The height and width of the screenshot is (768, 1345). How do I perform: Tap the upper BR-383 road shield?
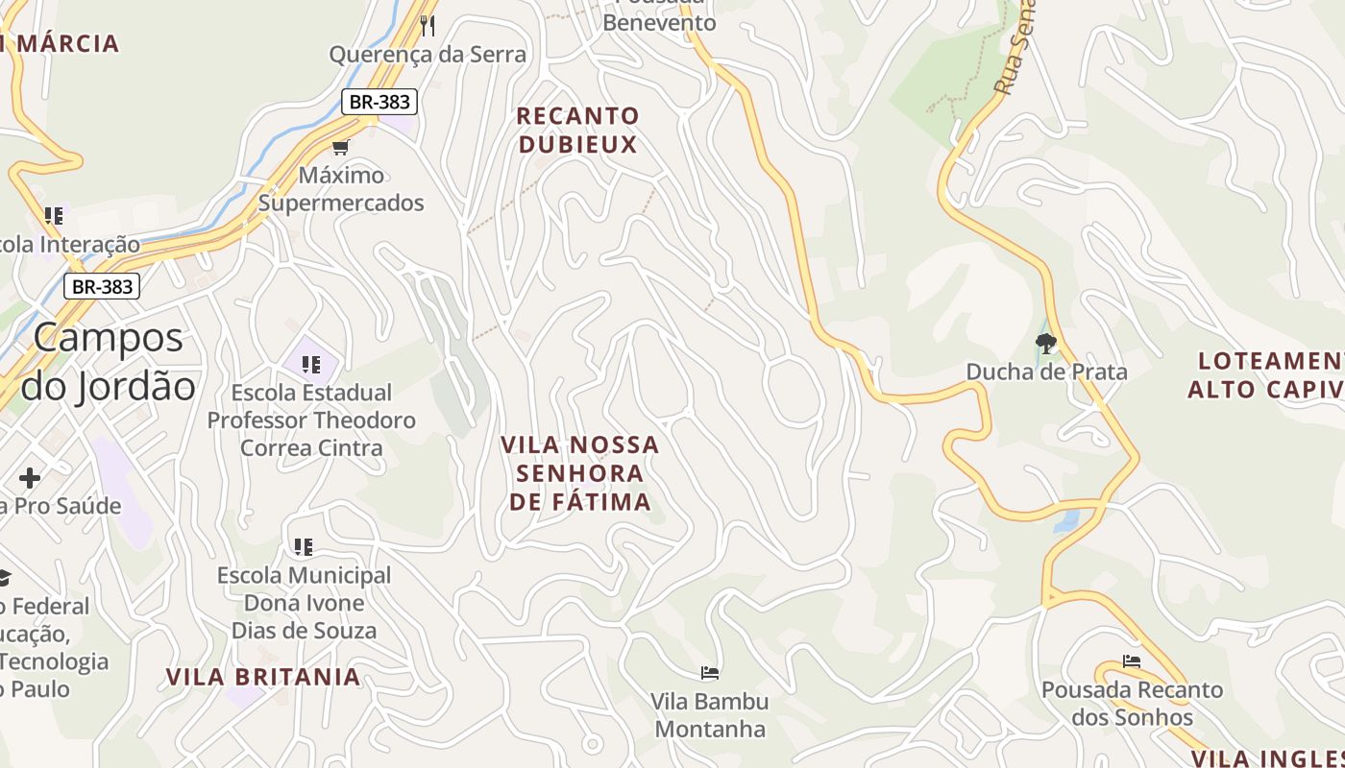[379, 102]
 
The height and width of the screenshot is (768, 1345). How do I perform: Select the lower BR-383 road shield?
[102, 286]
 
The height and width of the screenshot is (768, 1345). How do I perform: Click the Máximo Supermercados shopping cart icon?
[340, 147]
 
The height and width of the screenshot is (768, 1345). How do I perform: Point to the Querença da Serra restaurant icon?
[428, 25]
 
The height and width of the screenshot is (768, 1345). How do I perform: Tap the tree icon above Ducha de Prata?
[1046, 343]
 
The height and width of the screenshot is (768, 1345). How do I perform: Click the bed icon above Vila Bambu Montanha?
[710, 673]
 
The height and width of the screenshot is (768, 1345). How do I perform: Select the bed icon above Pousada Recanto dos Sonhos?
[1132, 661]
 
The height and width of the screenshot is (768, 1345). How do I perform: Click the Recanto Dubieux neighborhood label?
[577, 131]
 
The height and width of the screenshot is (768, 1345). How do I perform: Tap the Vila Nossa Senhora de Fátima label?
[579, 473]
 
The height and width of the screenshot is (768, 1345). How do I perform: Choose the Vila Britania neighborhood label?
[263, 677]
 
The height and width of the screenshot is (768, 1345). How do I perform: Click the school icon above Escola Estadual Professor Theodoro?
[310, 365]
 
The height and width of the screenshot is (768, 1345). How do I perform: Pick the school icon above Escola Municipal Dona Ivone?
[304, 547]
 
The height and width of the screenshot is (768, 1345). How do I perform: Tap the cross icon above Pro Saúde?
[30, 477]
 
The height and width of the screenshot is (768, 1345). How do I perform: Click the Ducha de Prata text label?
[1046, 372]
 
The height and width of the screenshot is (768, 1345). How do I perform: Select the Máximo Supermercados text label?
[341, 189]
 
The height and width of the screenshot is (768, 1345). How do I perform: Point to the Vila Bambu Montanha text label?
[710, 715]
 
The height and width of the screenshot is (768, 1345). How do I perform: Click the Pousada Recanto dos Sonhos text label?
[1132, 704]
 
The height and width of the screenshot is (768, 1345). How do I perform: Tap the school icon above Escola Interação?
[54, 216]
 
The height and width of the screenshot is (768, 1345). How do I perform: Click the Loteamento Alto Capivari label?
[1266, 375]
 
